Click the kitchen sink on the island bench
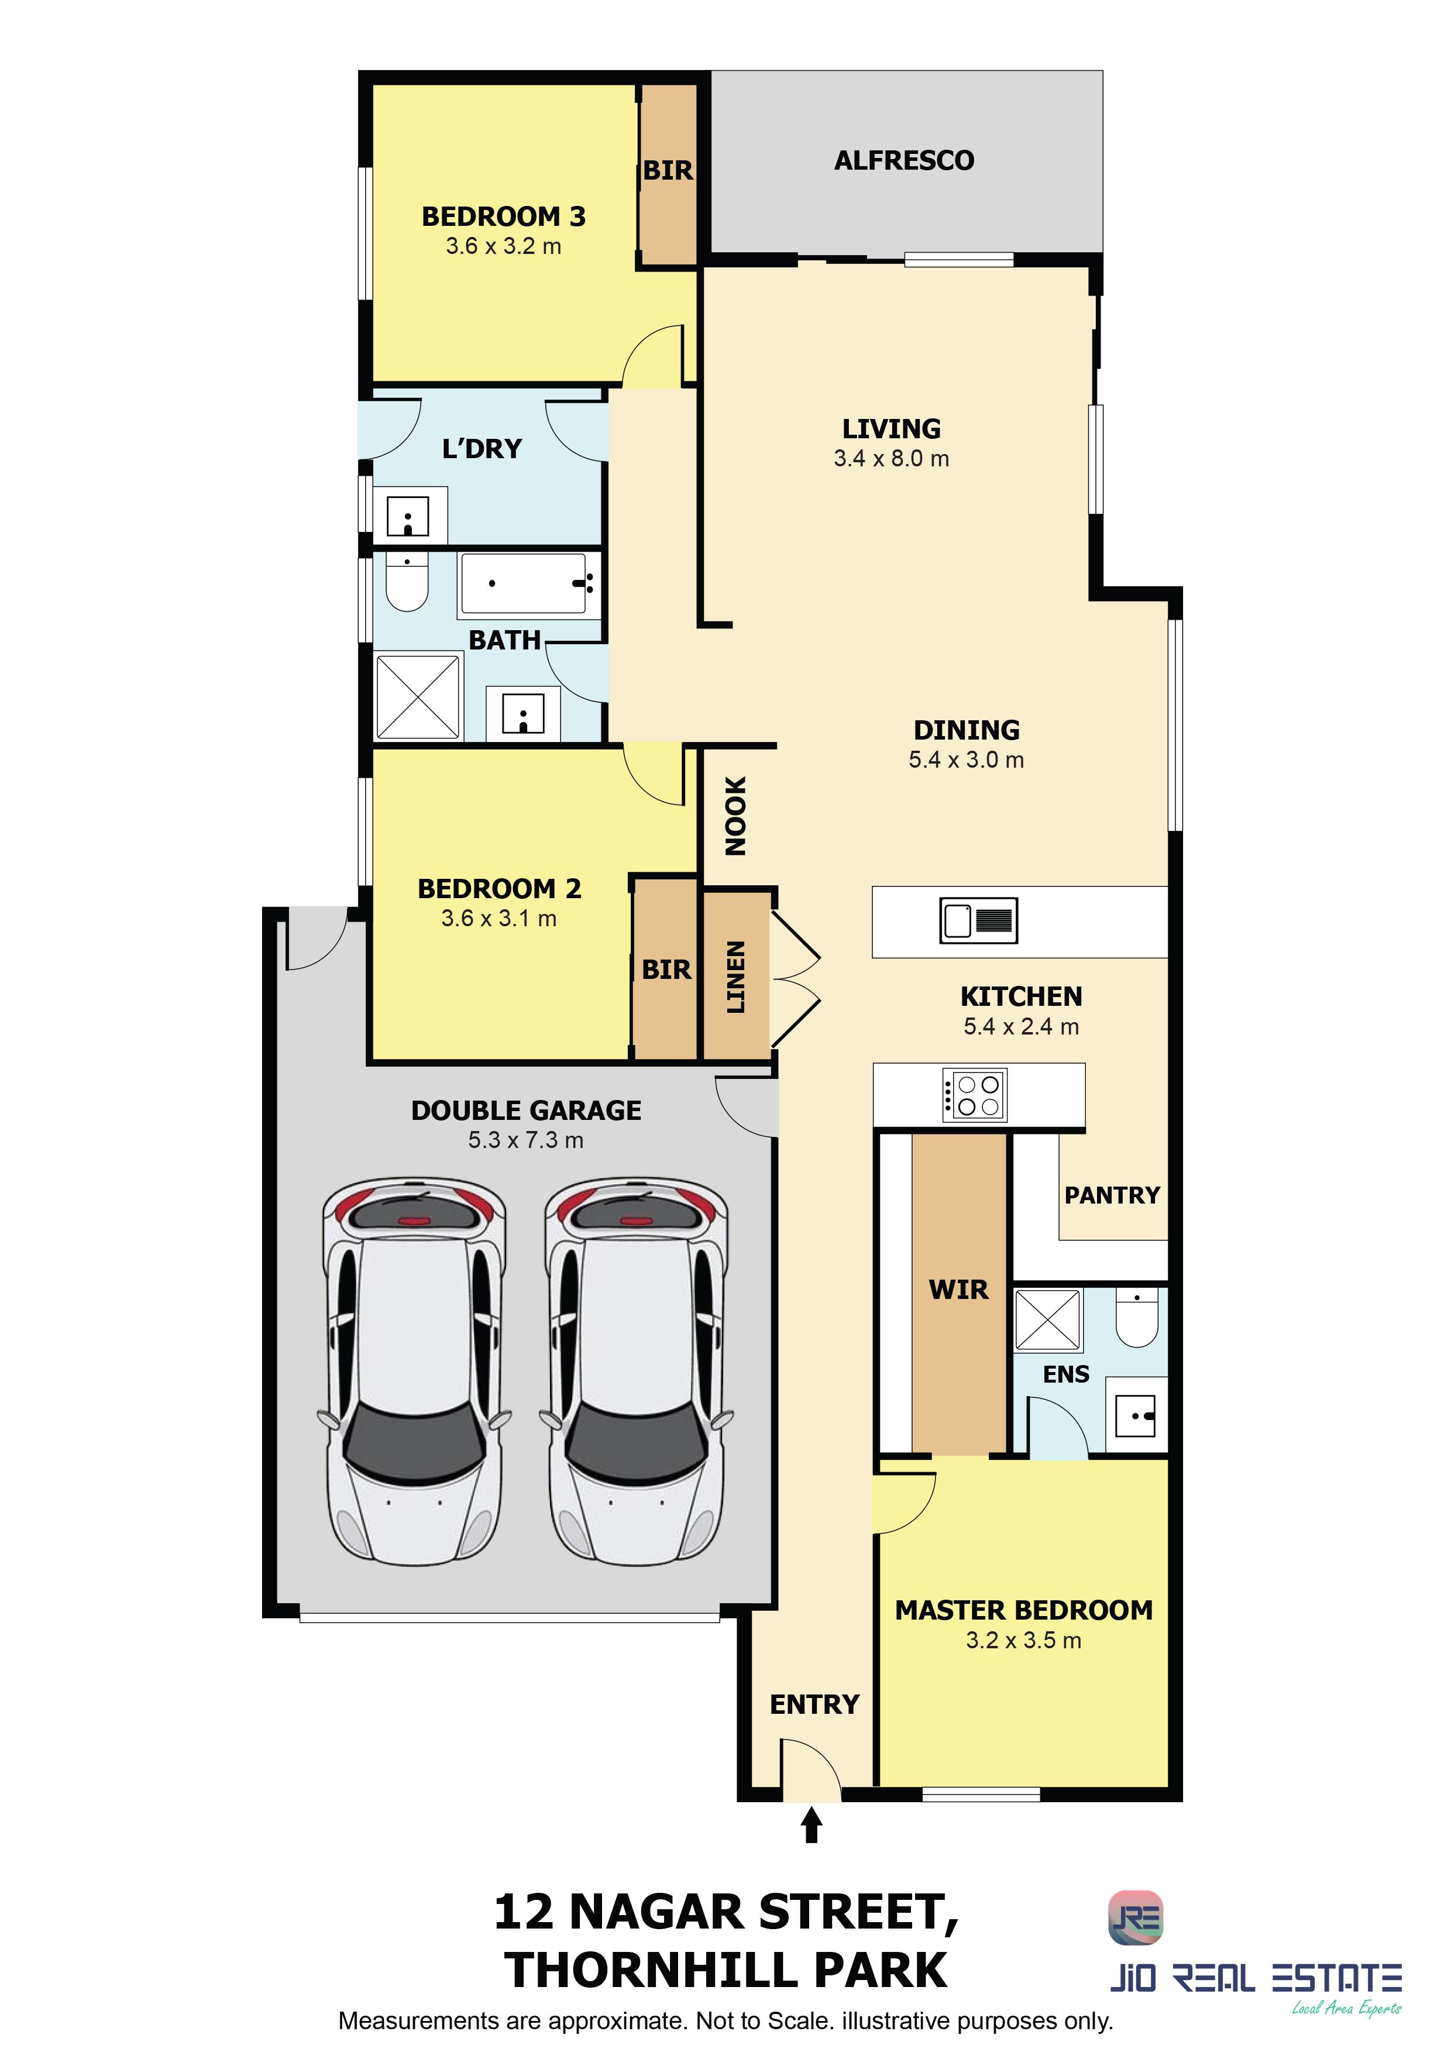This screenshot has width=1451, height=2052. click(x=978, y=920)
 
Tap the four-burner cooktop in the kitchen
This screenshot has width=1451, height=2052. click(x=975, y=1095)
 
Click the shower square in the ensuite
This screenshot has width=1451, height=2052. click(x=1048, y=1318)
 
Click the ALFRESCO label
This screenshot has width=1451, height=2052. click(x=904, y=161)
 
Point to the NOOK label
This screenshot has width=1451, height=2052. click(x=735, y=816)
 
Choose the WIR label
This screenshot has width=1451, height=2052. click(x=959, y=1290)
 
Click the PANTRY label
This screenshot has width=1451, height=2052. click(x=1112, y=1195)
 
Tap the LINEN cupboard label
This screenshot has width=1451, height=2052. click(x=735, y=977)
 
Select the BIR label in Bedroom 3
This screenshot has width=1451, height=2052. click(x=668, y=171)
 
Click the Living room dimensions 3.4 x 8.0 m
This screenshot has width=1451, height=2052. click(x=891, y=459)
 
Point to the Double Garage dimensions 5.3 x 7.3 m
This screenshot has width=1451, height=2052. click(x=525, y=1140)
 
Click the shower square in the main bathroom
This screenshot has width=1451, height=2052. click(x=417, y=697)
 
